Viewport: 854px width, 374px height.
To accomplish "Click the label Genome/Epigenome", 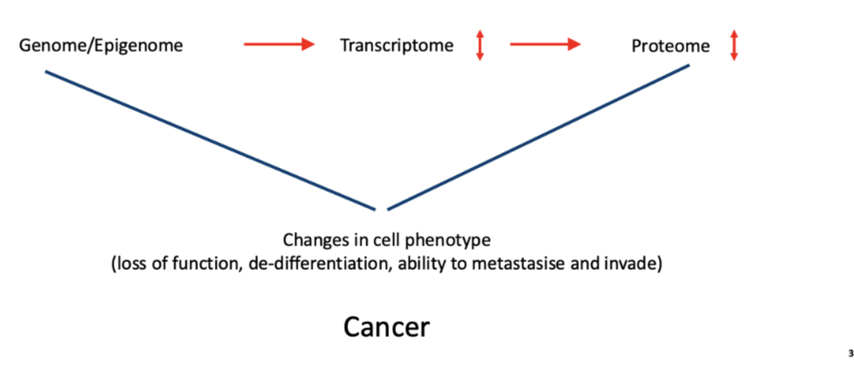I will pyautogui.click(x=101, y=46).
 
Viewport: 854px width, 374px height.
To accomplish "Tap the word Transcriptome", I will pyautogui.click(x=396, y=46).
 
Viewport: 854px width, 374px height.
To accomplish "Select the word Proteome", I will pyautogui.click(x=670, y=47).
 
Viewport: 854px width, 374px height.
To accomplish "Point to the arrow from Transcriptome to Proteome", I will pyautogui.click(x=545, y=45).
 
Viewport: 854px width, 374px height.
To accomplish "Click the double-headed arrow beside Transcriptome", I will pyautogui.click(x=479, y=45).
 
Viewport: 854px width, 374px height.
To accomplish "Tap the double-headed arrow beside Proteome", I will pyautogui.click(x=733, y=45).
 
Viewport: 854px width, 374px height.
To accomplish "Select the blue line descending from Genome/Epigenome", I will pyautogui.click(x=210, y=140).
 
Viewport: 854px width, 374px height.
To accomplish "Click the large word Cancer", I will pyautogui.click(x=386, y=327).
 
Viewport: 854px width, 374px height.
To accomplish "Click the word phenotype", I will pyautogui.click(x=457, y=240).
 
